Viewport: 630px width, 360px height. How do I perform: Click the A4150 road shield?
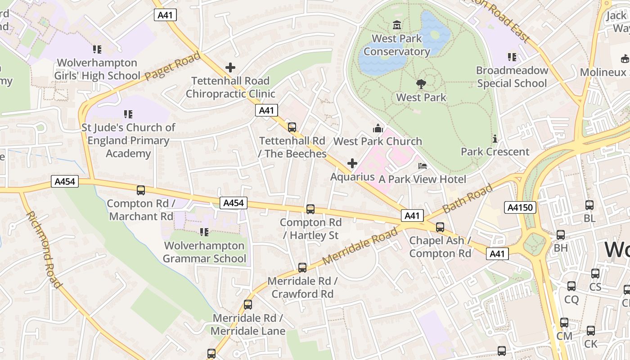[520, 207]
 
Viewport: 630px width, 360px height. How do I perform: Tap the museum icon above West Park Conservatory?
[397, 25]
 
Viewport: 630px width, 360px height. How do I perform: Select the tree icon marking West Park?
[421, 84]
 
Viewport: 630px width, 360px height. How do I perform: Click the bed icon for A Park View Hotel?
[422, 166]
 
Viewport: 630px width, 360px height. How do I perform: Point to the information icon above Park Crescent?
[495, 139]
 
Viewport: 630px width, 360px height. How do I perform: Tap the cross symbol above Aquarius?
[352, 163]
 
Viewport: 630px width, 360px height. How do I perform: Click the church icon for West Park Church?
[378, 128]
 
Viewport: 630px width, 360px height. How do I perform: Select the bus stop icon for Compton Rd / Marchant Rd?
[141, 190]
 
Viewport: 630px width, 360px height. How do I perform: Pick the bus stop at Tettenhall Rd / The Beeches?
[292, 127]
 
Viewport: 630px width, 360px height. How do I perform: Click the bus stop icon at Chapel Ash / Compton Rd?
[440, 227]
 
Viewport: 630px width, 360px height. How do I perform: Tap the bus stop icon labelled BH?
[561, 235]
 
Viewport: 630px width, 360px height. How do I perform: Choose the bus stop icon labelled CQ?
[571, 286]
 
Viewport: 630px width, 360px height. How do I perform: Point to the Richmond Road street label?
[44, 249]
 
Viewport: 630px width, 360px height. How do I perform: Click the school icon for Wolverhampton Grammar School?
[204, 232]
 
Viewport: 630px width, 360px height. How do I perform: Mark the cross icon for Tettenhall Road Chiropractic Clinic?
[230, 68]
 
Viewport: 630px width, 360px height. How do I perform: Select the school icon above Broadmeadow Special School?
[512, 57]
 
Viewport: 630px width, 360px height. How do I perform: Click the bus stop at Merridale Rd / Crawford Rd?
[302, 268]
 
